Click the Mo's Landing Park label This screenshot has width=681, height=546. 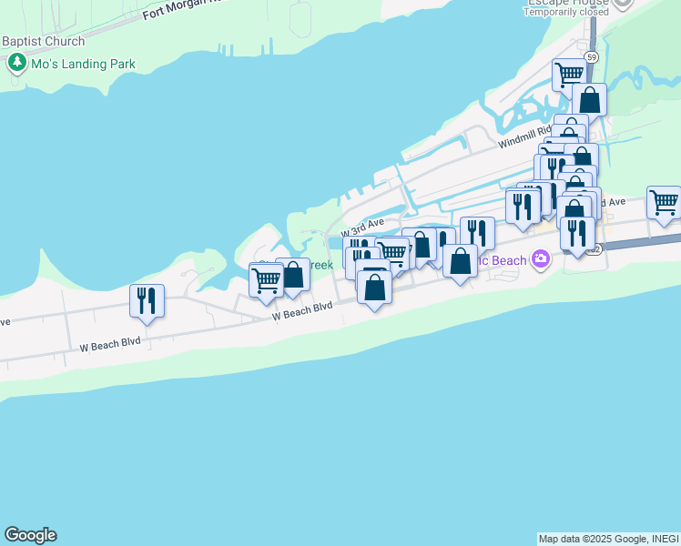click(x=81, y=64)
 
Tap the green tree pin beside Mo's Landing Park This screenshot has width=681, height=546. click(x=16, y=64)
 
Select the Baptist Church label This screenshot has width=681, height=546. click(x=43, y=42)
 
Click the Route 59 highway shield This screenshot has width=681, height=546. click(x=592, y=57)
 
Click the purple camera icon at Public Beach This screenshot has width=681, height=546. click(x=542, y=260)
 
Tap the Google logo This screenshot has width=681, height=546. click(x=30, y=535)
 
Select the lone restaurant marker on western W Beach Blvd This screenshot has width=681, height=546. click(x=147, y=300)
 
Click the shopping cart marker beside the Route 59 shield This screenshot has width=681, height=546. click(x=569, y=74)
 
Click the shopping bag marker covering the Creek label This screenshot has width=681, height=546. click(x=293, y=274)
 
